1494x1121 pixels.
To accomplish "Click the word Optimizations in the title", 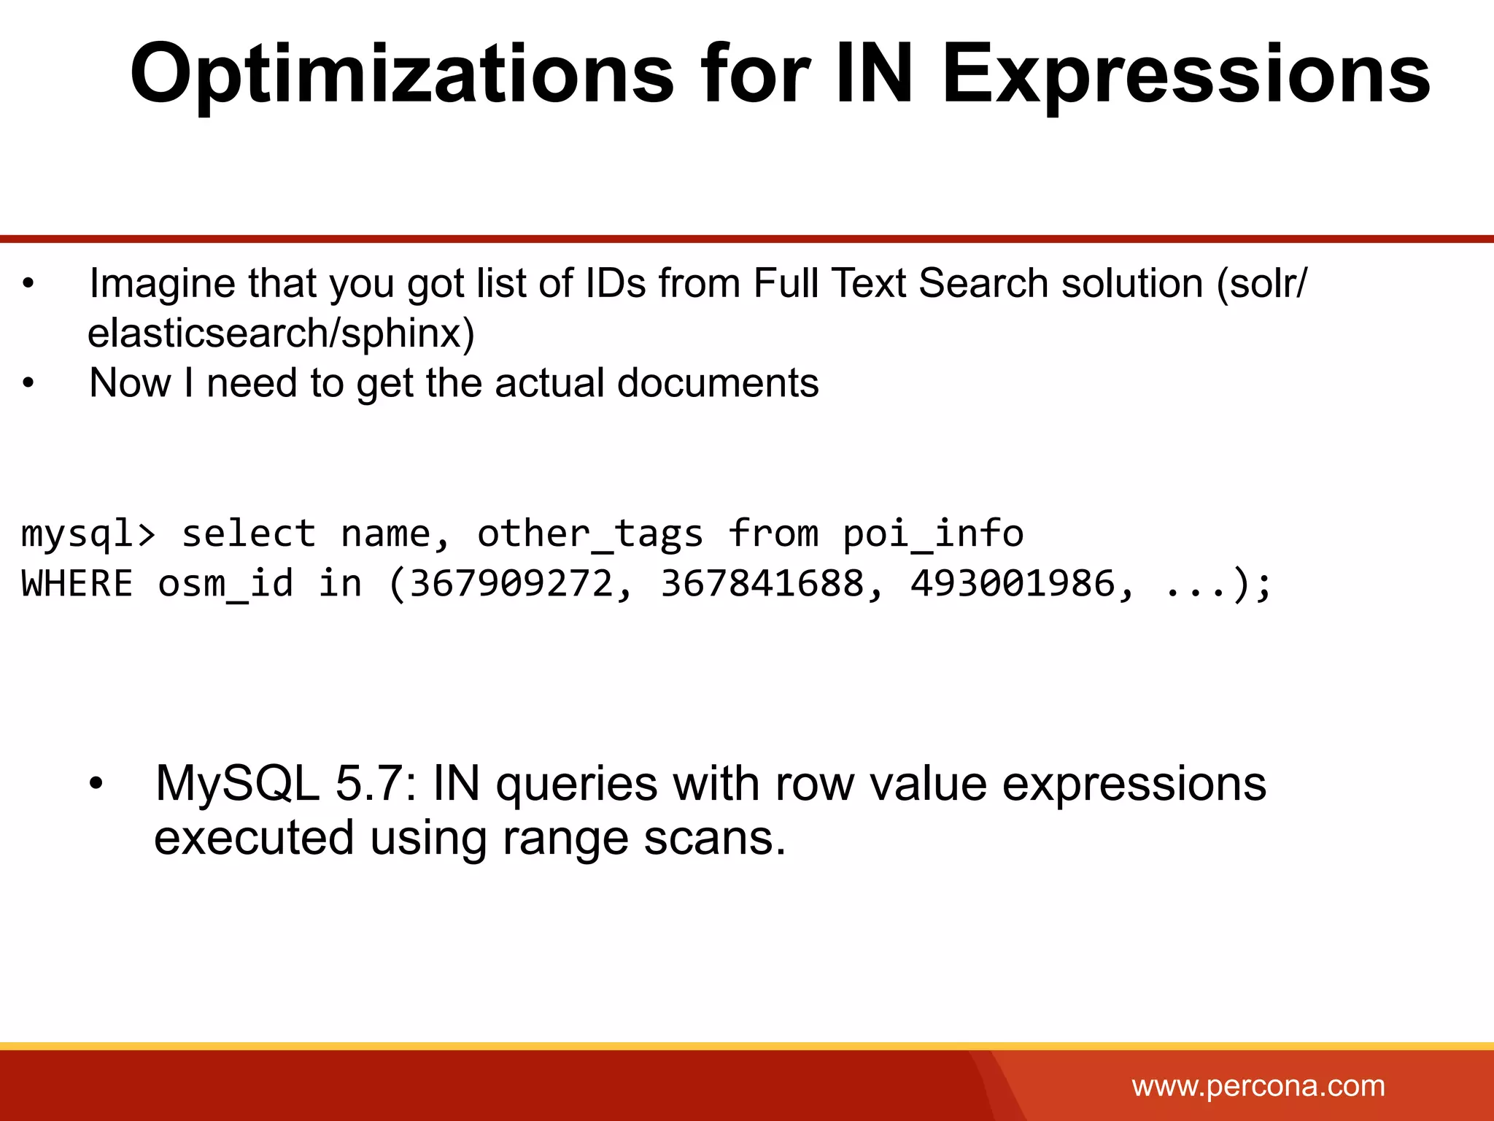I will tap(402, 75).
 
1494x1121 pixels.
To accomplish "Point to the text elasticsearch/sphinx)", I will tap(281, 334).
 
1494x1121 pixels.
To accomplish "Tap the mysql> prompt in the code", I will tap(88, 533).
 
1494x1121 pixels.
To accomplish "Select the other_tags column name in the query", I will tap(589, 533).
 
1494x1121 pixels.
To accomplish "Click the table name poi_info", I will tap(933, 533).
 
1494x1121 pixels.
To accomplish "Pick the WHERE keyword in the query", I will tap(77, 583).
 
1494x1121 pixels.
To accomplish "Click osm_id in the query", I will tap(225, 583).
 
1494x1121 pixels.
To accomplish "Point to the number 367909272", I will tap(511, 583).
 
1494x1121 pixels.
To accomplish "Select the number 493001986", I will tap(1013, 583).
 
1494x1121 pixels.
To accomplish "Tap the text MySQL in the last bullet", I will tap(237, 784).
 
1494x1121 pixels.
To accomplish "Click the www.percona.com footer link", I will tap(1258, 1086).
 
